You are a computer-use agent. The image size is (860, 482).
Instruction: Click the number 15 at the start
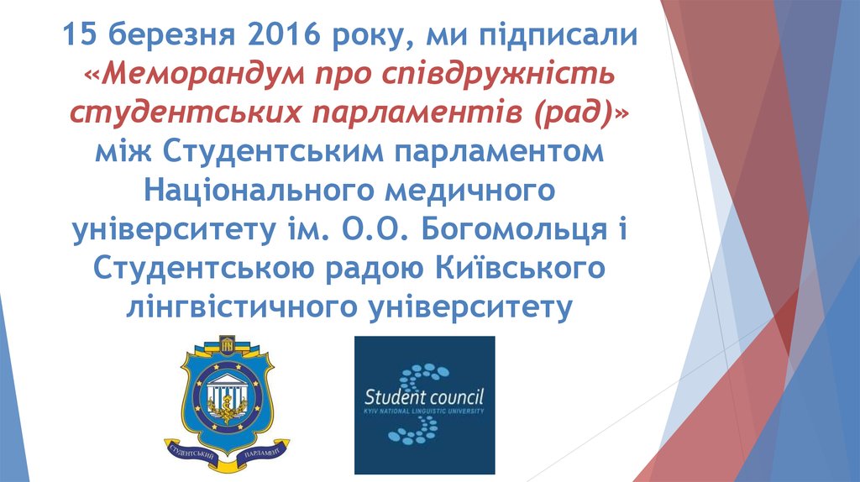point(80,38)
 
